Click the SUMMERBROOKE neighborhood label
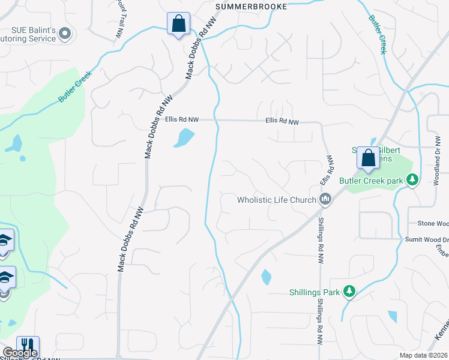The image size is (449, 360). pos(252,6)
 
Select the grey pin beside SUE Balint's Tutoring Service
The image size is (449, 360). pos(66,34)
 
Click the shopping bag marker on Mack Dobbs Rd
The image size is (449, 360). pos(178,24)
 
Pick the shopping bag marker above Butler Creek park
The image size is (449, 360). pos(367,158)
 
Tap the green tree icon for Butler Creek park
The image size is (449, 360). pos(412,179)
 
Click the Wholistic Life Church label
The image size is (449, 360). pos(276,200)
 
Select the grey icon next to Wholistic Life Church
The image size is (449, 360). pos(325,199)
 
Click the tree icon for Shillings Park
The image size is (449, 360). pos(349,292)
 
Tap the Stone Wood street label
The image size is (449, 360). pos(433,224)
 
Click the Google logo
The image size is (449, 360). pos(20,353)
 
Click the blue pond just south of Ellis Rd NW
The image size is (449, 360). pos(184,138)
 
